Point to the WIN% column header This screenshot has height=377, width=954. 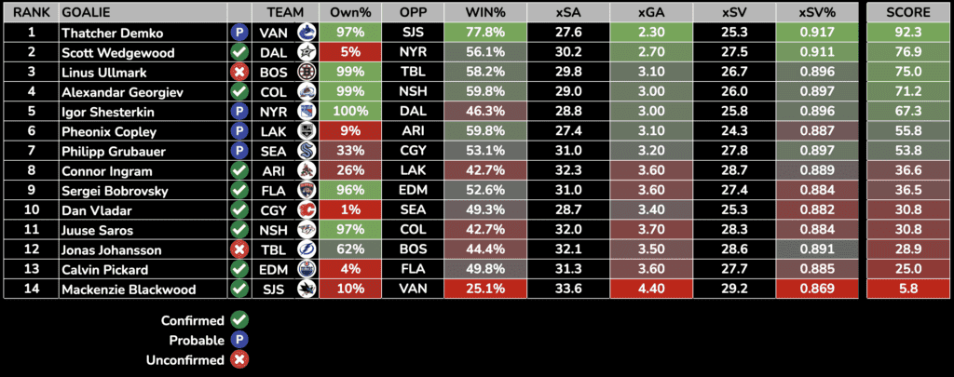tap(484, 13)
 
